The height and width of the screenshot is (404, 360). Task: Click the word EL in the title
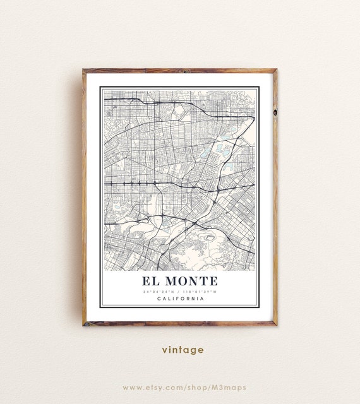pyautogui.click(x=153, y=281)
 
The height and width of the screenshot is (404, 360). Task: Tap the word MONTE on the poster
pyautogui.click(x=192, y=281)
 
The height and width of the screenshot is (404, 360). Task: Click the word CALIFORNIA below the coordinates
pyautogui.click(x=180, y=299)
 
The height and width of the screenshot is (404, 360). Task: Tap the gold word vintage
pyautogui.click(x=183, y=350)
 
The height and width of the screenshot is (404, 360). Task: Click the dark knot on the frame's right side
pyautogui.click(x=275, y=112)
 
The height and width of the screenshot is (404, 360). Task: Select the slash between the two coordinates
pyautogui.click(x=179, y=292)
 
